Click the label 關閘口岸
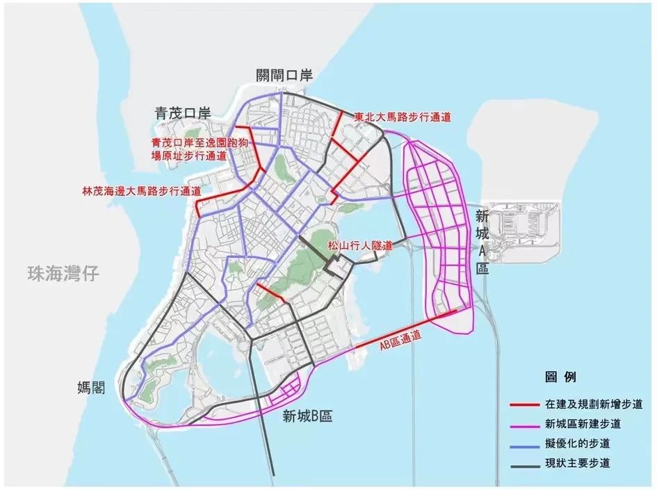(x=284, y=76)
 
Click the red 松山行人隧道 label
(x=359, y=245)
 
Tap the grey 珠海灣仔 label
(x=60, y=273)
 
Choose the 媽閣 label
(x=92, y=387)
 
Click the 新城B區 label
(x=307, y=416)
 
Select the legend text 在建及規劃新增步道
(x=593, y=404)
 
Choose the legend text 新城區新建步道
(x=583, y=423)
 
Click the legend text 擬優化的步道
(x=578, y=443)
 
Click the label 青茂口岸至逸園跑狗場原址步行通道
(x=188, y=149)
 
